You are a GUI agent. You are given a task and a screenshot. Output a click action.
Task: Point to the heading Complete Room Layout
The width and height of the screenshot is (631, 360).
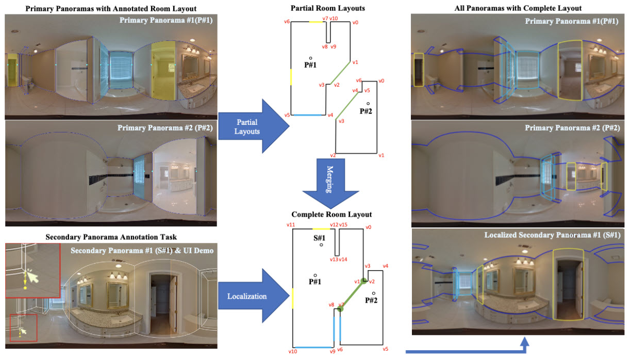[x=331, y=214]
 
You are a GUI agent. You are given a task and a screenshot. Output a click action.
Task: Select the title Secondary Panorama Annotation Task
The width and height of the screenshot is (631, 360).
[x=110, y=237]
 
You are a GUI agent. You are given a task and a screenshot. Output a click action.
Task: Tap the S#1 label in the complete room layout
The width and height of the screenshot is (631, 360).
[x=320, y=238]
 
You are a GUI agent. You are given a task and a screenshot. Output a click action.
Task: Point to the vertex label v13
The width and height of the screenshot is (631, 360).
[x=334, y=259]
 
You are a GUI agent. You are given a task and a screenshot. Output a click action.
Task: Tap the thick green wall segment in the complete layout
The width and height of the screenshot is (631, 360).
[x=352, y=294]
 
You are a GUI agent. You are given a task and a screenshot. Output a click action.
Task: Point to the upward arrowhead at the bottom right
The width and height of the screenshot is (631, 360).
[x=525, y=342]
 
